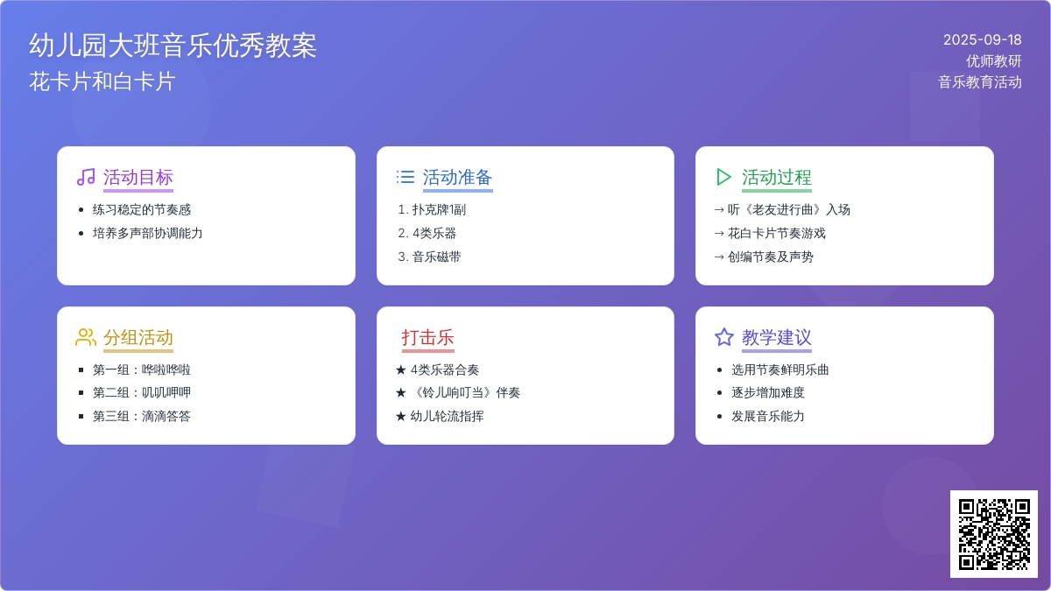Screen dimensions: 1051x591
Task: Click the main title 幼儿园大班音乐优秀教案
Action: coord(173,46)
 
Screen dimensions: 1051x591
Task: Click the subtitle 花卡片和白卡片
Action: coord(102,81)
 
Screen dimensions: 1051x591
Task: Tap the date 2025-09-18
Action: coord(983,40)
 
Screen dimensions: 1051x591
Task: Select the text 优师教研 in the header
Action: coord(994,61)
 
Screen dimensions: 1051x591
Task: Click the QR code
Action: coord(994,534)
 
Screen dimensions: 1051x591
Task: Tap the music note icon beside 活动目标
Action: coord(86,177)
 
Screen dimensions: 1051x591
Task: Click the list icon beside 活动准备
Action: coord(406,177)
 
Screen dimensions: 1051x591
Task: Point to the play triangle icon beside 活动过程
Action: coord(724,177)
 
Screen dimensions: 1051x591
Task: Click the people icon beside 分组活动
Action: coord(86,337)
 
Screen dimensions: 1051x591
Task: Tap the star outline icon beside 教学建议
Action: coord(724,337)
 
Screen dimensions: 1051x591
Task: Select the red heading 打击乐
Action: coord(428,337)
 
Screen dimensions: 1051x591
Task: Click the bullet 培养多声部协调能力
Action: coord(147,233)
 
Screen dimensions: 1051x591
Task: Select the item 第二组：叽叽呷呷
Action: coord(142,392)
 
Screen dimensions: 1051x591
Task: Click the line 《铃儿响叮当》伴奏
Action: coord(465,392)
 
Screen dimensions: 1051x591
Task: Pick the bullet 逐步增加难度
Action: coord(767,392)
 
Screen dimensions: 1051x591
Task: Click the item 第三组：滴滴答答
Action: coord(142,416)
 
